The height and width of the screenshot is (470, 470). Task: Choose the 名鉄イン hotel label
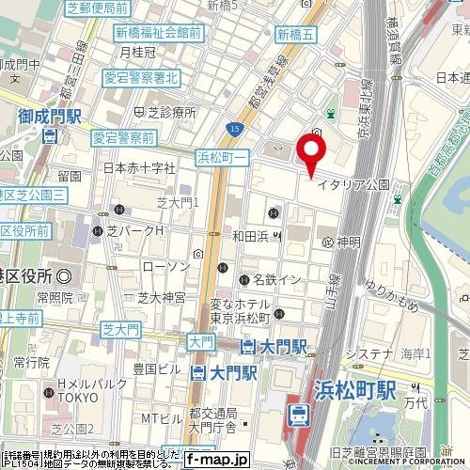[270, 279]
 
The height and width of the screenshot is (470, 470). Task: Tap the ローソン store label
[165, 267]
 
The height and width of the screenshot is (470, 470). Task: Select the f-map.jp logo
[216, 460]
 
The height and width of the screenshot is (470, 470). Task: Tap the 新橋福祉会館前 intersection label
[158, 33]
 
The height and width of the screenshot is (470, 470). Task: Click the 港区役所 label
[26, 275]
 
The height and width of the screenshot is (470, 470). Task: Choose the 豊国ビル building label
[149, 368]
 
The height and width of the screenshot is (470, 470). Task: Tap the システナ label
[368, 353]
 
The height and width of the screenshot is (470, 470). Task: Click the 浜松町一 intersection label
[221, 156]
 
